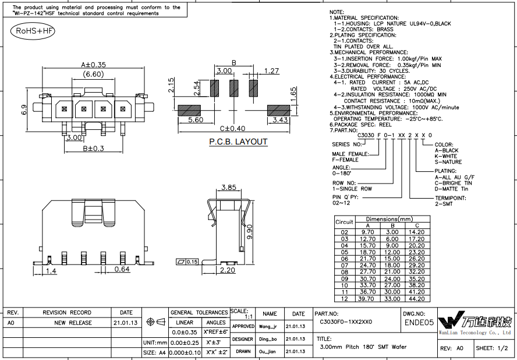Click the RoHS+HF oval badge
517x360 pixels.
[x=33, y=31]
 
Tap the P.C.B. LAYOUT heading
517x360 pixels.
[x=238, y=142]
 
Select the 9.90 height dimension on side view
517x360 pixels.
[x=250, y=232]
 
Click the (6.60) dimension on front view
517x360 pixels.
[x=93, y=74]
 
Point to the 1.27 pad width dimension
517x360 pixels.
[x=271, y=71]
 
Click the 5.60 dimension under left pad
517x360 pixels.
[x=196, y=120]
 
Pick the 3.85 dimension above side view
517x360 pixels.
[x=228, y=188]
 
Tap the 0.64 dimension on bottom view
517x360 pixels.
[x=122, y=269]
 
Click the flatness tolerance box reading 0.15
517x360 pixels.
[x=187, y=262]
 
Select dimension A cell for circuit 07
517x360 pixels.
[x=367, y=265]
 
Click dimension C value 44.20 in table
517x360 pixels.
[x=416, y=299]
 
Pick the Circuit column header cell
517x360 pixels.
[x=344, y=222]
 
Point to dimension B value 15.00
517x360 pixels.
[x=392, y=259]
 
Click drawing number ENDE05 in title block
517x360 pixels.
[x=419, y=322]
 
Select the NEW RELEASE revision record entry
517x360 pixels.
[x=73, y=323]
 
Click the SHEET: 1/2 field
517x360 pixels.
[x=494, y=348]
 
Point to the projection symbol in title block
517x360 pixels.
[x=155, y=322]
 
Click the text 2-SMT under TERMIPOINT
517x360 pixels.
[x=444, y=204]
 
